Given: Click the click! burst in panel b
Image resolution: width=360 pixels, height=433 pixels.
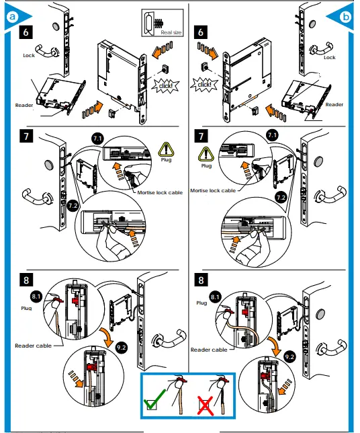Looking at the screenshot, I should [204, 84].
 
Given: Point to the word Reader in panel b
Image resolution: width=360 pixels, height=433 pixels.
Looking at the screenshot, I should [334, 105].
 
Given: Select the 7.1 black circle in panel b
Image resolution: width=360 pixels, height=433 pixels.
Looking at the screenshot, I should [272, 136].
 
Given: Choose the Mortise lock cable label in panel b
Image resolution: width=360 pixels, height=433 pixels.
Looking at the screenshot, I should [213, 191].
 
